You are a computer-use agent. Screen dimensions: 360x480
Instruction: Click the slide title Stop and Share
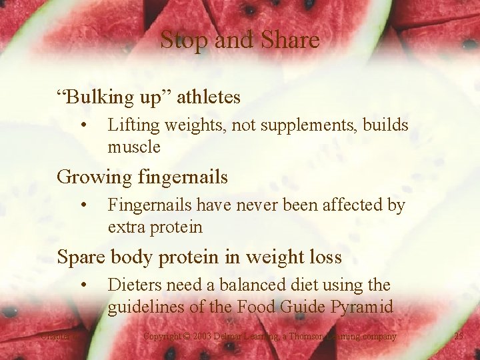pyautogui.click(x=240, y=40)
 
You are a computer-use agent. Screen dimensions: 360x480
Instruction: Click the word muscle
pyautogui.click(x=134, y=147)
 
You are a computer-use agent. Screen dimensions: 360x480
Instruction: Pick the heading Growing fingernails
pyautogui.click(x=142, y=177)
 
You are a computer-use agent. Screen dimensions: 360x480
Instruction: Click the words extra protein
pyautogui.click(x=155, y=227)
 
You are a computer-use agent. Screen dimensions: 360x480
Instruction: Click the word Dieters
pyautogui.click(x=134, y=285)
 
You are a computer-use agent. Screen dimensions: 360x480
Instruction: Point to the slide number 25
pyautogui.click(x=458, y=336)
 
